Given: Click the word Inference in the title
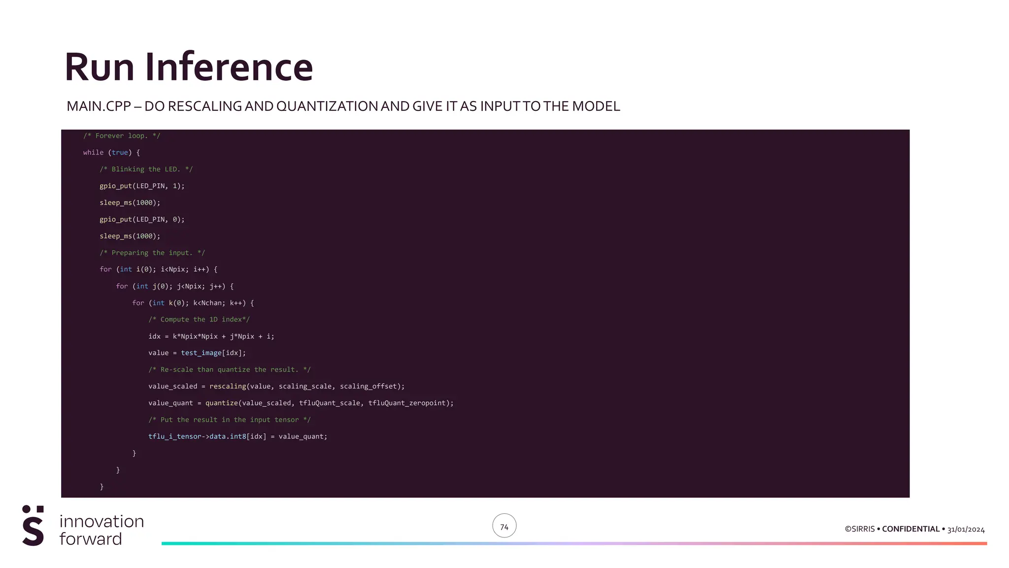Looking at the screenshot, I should click(x=229, y=67).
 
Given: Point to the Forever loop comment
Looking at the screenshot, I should click(x=122, y=136).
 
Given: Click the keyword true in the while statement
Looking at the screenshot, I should click(x=120, y=153).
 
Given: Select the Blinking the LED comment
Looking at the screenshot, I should click(x=146, y=170).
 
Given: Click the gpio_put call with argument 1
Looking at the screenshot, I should click(x=116, y=186).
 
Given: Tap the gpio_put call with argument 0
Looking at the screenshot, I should click(x=116, y=220).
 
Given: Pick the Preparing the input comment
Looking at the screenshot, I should click(x=152, y=253).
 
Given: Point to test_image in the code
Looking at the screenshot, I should click(x=201, y=353).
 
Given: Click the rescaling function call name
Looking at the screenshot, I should click(x=228, y=387).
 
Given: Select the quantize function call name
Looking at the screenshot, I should click(x=222, y=403).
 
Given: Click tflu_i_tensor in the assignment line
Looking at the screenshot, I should click(x=175, y=437).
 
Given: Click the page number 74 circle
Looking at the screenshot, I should click(x=504, y=527).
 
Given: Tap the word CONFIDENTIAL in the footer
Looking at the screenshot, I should click(x=910, y=529).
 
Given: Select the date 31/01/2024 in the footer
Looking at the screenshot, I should click(x=966, y=530).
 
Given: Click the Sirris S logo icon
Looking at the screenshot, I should click(x=33, y=526).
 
